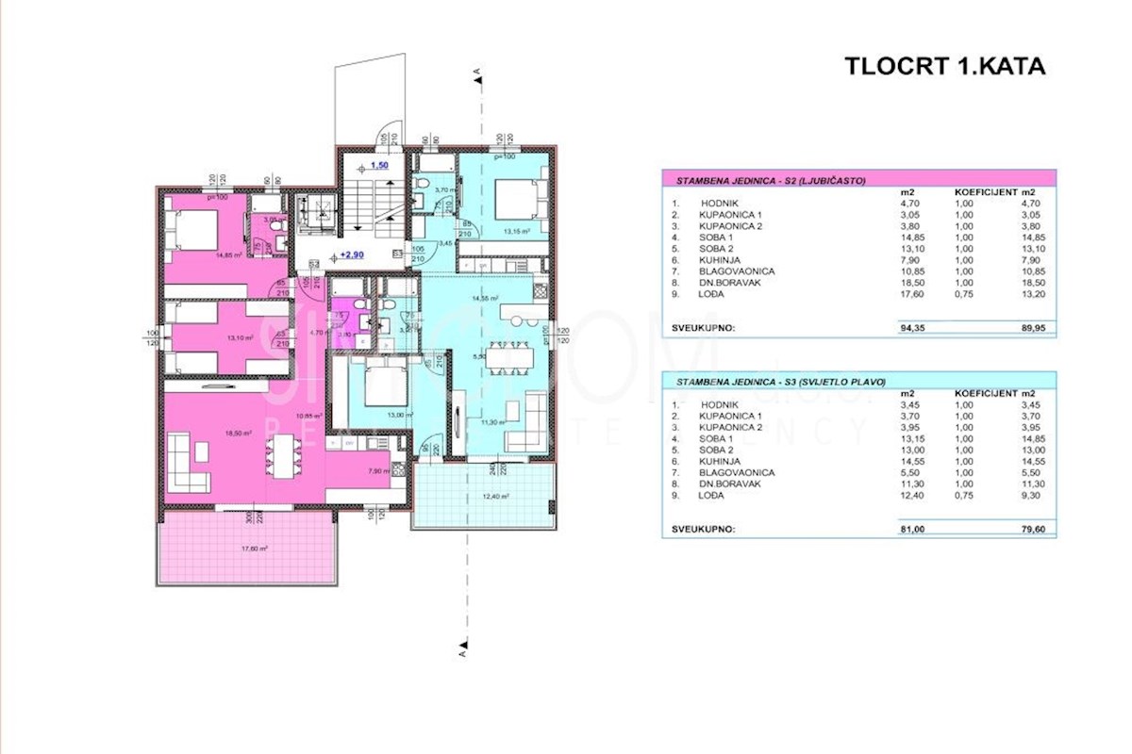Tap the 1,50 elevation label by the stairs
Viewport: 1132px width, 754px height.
(379, 164)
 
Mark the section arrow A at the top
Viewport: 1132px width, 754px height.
(478, 72)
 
